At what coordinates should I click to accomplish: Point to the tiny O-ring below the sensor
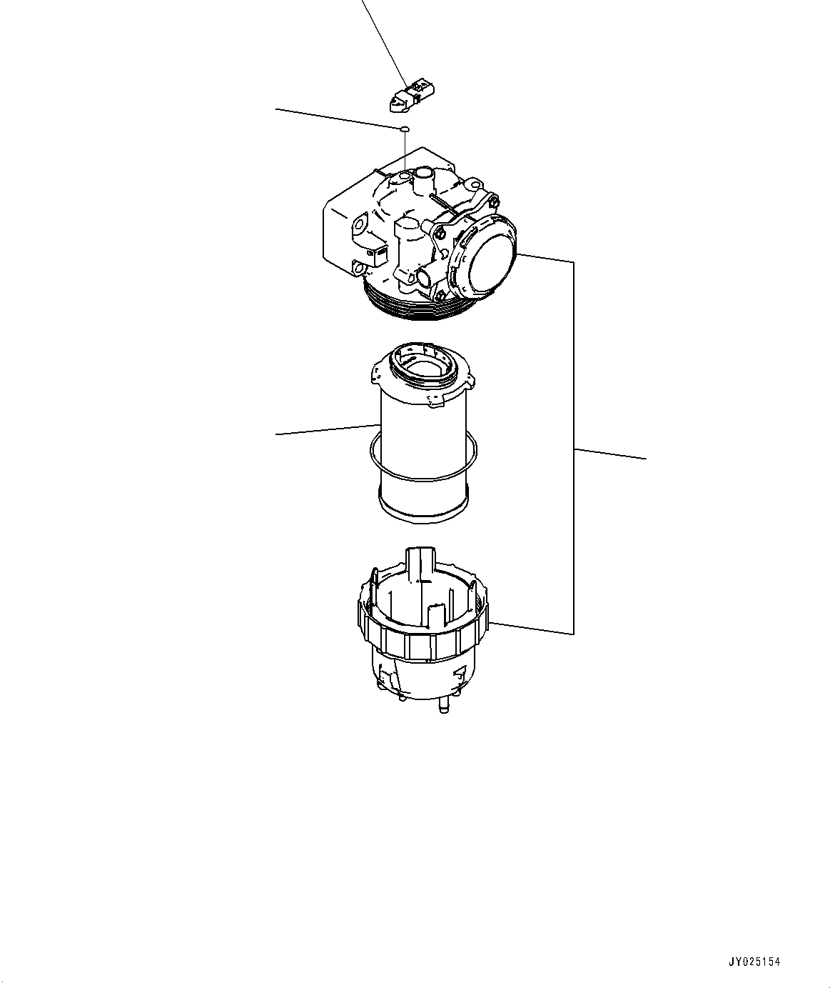point(404,129)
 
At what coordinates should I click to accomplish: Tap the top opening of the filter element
point(427,371)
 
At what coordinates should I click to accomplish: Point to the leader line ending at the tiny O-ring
point(335,119)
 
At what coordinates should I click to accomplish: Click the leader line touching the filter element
point(325,430)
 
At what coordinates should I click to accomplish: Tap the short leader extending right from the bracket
point(610,454)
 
